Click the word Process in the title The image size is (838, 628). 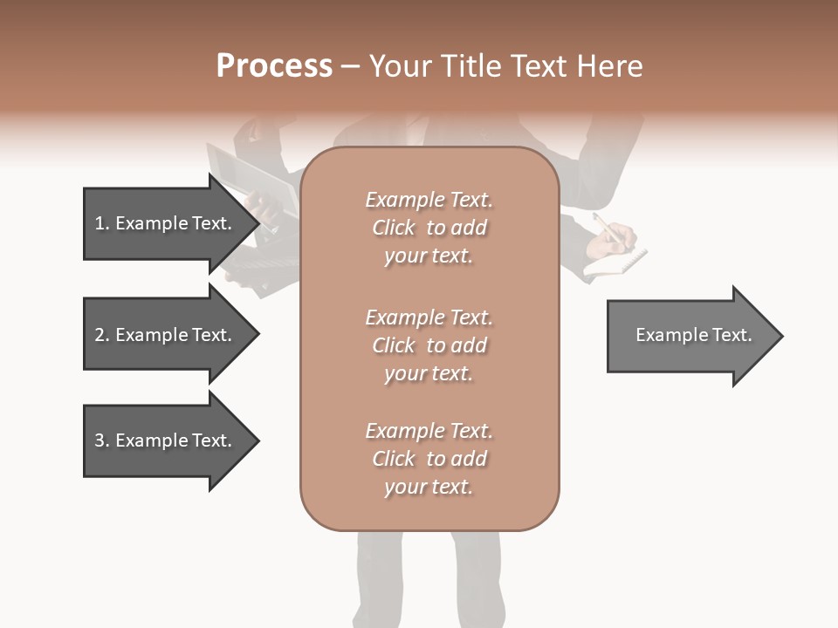click(274, 66)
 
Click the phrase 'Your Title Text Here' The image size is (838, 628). click(505, 66)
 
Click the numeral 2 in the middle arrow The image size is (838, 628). click(100, 335)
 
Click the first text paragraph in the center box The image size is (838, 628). click(429, 228)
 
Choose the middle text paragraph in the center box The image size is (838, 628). click(429, 345)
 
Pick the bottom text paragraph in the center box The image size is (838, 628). click(429, 459)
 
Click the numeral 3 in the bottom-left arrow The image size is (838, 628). click(100, 440)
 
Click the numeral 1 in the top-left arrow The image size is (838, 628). click(100, 223)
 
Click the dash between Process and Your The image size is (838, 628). click(350, 66)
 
